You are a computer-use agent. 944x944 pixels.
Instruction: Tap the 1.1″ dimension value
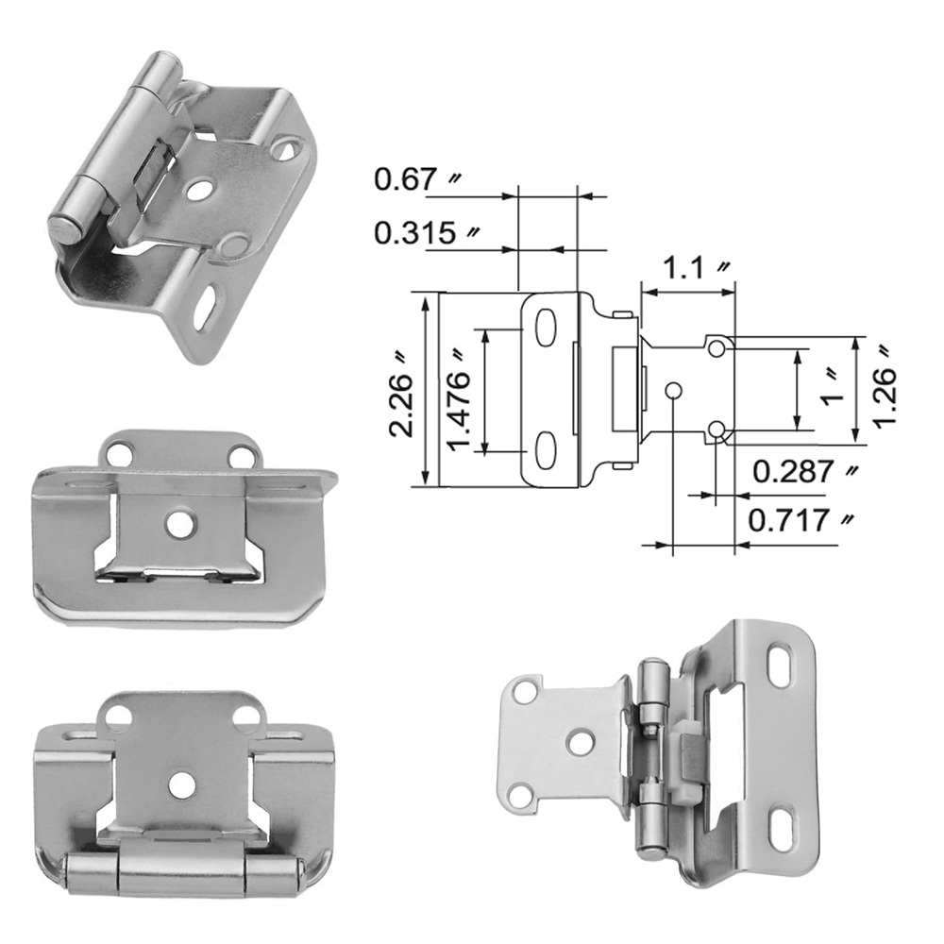[x=697, y=267]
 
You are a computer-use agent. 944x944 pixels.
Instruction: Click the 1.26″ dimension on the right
[x=885, y=384]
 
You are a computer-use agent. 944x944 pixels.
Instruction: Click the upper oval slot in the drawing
[x=546, y=329]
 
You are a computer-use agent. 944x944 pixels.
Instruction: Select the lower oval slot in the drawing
[x=546, y=450]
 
